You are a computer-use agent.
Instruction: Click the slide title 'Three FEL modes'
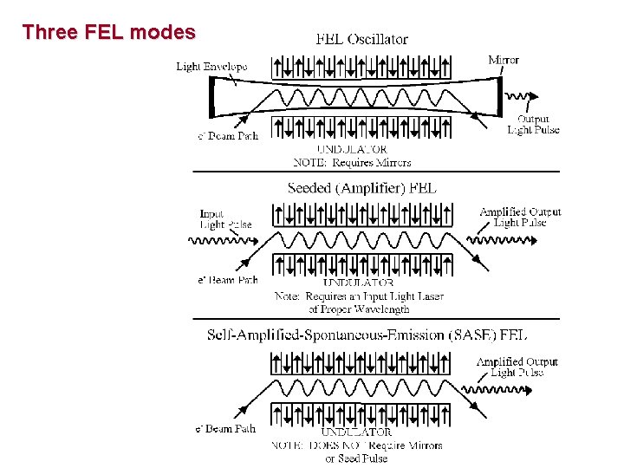click(108, 33)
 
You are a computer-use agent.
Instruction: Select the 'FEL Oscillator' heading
click(361, 39)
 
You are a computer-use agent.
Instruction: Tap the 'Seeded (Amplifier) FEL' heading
click(361, 187)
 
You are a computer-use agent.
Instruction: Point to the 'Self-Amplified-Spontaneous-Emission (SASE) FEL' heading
click(367, 335)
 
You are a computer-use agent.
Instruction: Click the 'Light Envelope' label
click(211, 67)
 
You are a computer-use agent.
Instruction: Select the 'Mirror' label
click(504, 60)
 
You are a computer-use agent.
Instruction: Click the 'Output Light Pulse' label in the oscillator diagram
click(533, 125)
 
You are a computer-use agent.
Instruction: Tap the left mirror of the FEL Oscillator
click(211, 97)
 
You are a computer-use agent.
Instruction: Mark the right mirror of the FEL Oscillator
click(500, 97)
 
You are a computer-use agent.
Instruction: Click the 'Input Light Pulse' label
click(225, 219)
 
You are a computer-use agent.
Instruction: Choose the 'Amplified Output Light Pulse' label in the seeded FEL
click(520, 217)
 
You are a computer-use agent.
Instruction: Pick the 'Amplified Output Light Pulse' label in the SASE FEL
click(517, 367)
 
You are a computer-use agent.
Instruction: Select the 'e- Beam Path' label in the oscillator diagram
click(228, 136)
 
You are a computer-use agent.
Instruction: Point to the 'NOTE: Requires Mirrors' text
click(352, 162)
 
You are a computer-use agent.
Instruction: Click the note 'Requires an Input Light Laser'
click(359, 296)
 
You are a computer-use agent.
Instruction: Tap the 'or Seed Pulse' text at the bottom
click(356, 458)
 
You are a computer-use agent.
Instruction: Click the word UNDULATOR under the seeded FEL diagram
click(358, 283)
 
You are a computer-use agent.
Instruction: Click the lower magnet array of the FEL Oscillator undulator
click(361, 127)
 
